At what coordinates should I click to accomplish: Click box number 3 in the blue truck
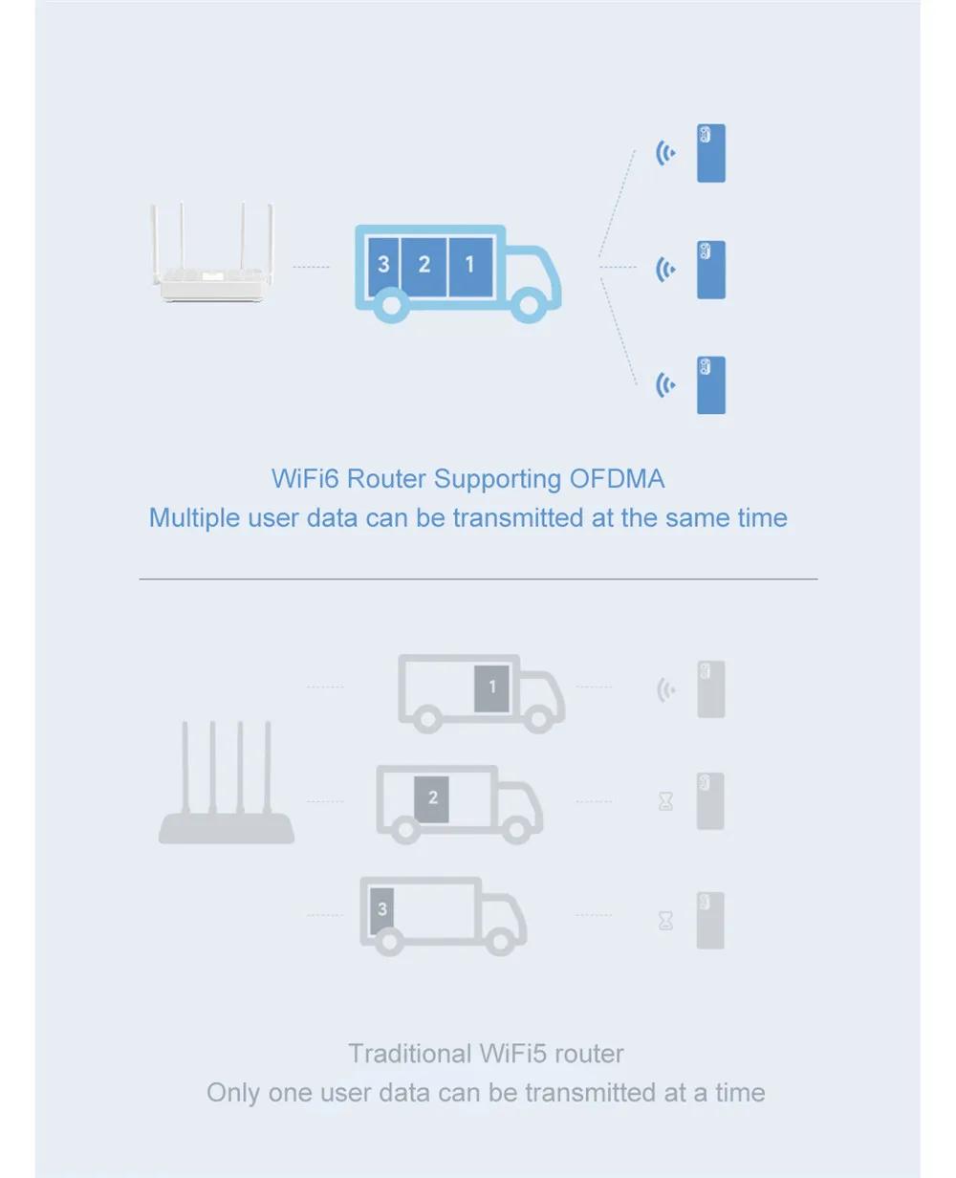[x=383, y=263]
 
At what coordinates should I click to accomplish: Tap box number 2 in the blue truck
[x=424, y=263]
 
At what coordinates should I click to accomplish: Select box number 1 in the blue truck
[x=469, y=263]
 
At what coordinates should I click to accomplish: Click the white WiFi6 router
[x=211, y=263]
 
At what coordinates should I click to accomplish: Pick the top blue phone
[x=711, y=153]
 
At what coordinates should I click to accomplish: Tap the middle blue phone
[x=711, y=270]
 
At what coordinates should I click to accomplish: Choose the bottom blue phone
[x=711, y=385]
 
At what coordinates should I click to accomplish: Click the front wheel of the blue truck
[x=529, y=303]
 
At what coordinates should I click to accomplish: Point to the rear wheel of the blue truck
[x=390, y=305]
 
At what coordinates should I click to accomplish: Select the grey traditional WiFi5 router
[x=227, y=784]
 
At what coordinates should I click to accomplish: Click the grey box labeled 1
[x=492, y=687]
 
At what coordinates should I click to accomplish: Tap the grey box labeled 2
[x=432, y=797]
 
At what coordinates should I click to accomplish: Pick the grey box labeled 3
[x=382, y=910]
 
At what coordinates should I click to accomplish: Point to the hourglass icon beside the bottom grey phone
[x=666, y=920]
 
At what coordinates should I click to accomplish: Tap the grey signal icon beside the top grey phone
[x=666, y=689]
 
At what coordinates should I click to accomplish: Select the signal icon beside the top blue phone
[x=665, y=153]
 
